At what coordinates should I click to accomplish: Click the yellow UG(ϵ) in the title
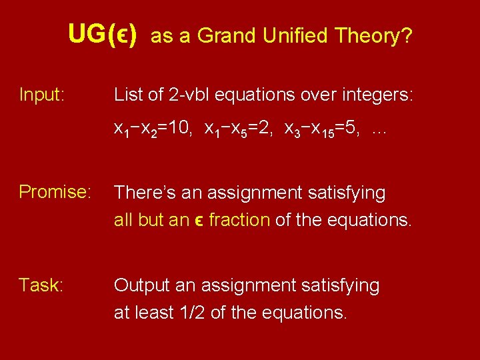[x=103, y=35]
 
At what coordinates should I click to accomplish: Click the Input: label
[x=42, y=95]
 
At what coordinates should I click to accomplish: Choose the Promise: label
[x=55, y=193]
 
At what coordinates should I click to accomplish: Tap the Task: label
[x=41, y=286]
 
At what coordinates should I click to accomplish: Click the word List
[x=128, y=95]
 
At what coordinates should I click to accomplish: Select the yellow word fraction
[x=239, y=220]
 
